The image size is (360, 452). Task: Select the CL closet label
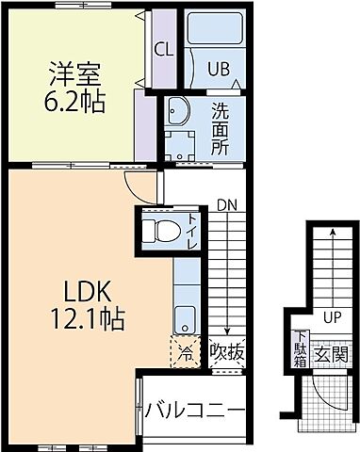click(163, 49)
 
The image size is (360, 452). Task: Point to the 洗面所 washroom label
click(219, 128)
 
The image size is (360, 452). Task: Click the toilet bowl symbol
click(163, 229)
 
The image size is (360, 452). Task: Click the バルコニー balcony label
click(195, 411)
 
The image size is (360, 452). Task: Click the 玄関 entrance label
click(330, 355)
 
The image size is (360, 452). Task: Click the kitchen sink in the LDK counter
click(186, 315)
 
